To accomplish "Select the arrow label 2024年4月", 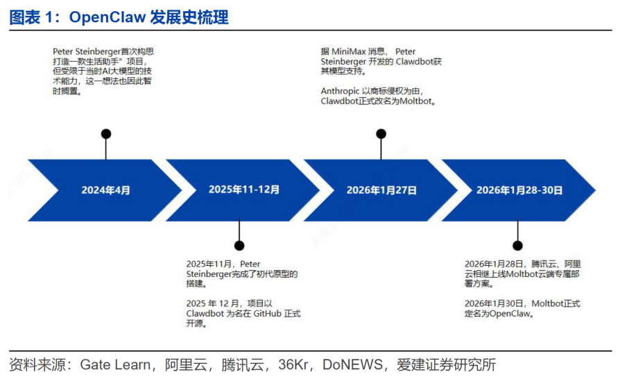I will (105, 189).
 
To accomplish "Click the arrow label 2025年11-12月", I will (244, 189).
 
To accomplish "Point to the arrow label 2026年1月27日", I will (381, 189).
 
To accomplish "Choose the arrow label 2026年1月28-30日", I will (519, 189).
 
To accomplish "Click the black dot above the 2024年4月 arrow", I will (105, 134).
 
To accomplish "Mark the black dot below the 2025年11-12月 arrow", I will (239, 245).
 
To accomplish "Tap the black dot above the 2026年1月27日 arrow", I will (381, 134).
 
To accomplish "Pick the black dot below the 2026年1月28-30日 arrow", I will (517, 245).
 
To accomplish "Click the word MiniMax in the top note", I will (352, 52).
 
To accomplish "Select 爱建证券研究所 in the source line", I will (446, 365).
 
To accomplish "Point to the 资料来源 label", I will (36, 365).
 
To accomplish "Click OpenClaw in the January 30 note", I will (510, 314).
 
